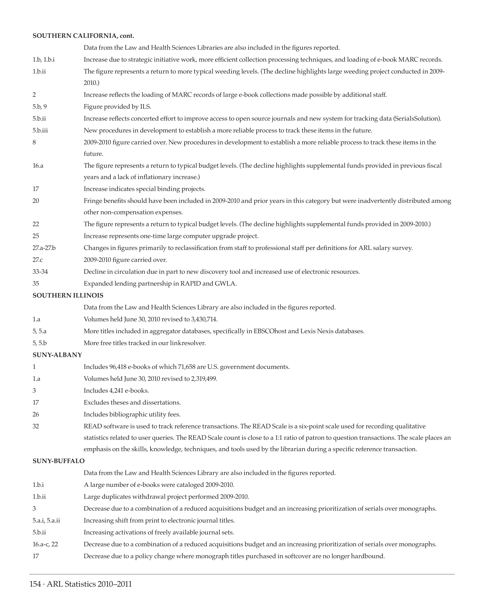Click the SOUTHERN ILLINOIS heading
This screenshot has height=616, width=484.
click(x=68, y=295)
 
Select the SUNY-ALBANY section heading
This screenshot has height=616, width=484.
click(x=57, y=355)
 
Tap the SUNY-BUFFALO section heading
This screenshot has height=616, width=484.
click(x=59, y=461)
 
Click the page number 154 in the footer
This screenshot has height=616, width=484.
click(x=35, y=584)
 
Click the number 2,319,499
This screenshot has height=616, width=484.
click(x=204, y=379)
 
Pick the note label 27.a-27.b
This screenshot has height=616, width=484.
click(x=44, y=248)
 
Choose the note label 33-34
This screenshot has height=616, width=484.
click(x=40, y=272)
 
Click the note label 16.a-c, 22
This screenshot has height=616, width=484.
click(x=45, y=544)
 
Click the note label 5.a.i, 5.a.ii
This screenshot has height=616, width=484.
click(x=46, y=520)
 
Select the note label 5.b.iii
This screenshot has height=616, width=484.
click(x=40, y=131)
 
